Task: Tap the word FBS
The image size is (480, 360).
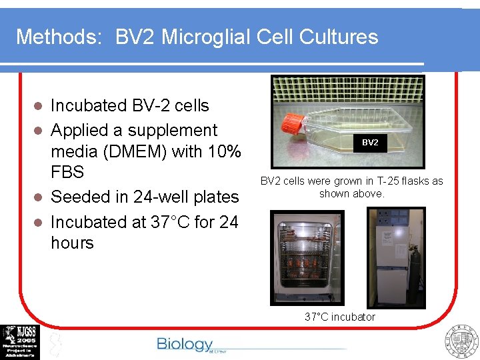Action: point(67,173)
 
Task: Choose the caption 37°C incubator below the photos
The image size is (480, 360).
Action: point(339,317)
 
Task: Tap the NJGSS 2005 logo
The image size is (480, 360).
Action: point(20,342)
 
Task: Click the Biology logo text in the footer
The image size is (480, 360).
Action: point(185,344)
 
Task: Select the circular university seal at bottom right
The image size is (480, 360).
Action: point(462,341)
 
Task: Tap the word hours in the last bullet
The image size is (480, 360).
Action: point(72,243)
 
